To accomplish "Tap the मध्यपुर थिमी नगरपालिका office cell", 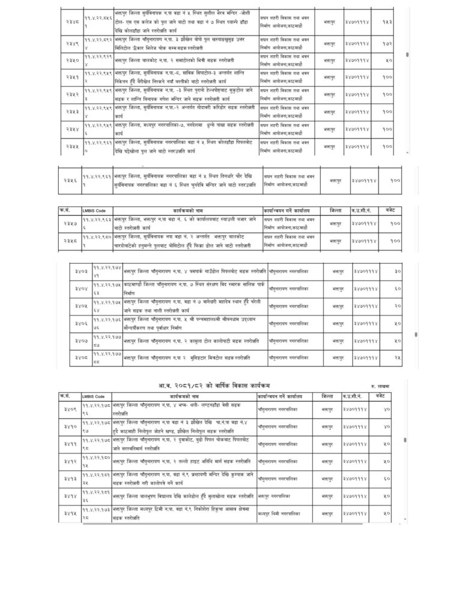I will click(x=279, y=514).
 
